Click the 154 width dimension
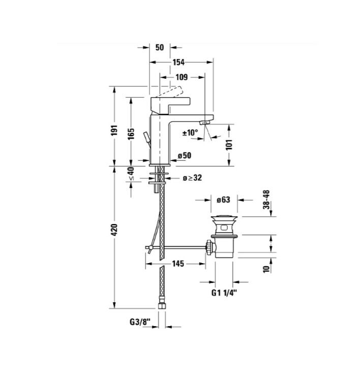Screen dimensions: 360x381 pyautogui.click(x=179, y=62)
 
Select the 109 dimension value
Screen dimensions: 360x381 pyautogui.click(x=182, y=77)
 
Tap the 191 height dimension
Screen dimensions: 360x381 pyautogui.click(x=114, y=130)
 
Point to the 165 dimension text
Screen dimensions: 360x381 pyautogui.click(x=131, y=134)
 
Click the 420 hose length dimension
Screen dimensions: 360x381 pyautogui.click(x=114, y=230)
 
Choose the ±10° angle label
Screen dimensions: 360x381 pyautogui.click(x=190, y=133)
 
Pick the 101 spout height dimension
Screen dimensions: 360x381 pyautogui.click(x=229, y=145)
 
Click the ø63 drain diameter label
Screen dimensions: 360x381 pyautogui.click(x=223, y=200)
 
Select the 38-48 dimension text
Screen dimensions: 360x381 pyautogui.click(x=266, y=200)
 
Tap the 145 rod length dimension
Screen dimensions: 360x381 pyautogui.click(x=178, y=264)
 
